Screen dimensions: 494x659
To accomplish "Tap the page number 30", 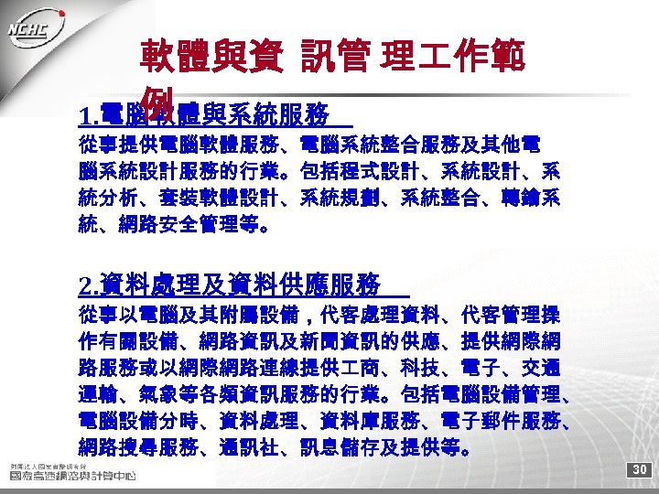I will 640,469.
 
